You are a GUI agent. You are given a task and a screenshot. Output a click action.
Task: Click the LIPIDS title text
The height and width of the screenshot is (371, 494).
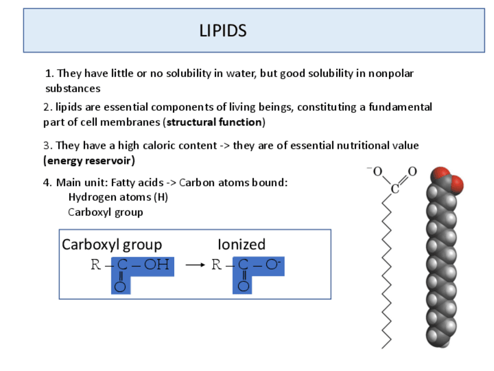[223, 30]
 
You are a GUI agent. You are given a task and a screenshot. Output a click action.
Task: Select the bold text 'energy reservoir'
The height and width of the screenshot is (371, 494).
[89, 160]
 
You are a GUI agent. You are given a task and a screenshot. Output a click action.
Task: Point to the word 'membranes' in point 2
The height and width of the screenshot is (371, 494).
[137, 123]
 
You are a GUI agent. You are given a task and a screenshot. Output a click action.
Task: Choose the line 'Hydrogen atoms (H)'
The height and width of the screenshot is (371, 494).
[118, 197]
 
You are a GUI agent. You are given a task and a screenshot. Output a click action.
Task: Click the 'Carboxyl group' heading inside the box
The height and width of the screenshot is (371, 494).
[112, 244]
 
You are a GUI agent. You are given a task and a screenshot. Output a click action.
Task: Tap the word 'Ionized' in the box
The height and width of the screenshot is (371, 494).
[241, 244]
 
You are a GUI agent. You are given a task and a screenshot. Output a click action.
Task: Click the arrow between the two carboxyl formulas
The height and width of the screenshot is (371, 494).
[195, 265]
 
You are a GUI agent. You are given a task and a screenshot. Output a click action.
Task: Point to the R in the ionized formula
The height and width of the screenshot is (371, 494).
[216, 265]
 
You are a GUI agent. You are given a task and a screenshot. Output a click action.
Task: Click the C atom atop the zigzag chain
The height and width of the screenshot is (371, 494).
[394, 188]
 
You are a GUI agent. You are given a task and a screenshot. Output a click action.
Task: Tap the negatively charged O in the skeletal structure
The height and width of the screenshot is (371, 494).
[376, 171]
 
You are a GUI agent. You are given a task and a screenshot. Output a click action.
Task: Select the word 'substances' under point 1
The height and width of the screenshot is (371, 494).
[73, 89]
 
